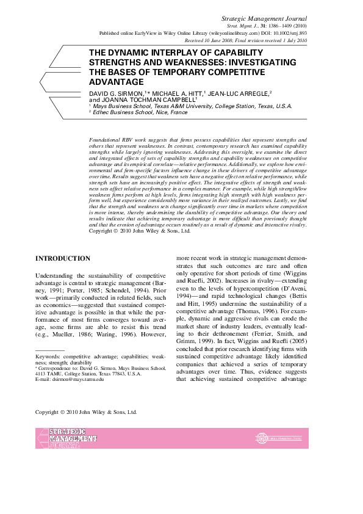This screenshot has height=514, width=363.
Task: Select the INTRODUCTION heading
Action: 63,259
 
